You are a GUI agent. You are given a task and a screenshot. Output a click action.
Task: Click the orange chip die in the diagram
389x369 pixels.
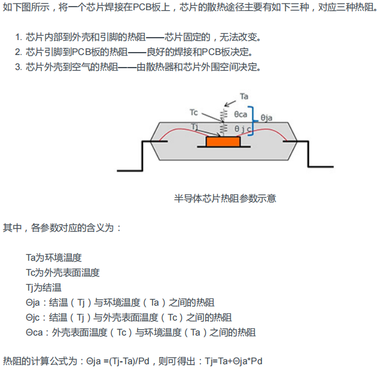tap(223, 141)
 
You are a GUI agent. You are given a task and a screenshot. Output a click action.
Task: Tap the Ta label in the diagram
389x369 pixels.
tap(244, 96)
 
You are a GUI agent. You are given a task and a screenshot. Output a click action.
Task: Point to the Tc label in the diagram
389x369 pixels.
tap(193, 112)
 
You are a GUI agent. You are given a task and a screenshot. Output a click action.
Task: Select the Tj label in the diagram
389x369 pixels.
tap(195, 126)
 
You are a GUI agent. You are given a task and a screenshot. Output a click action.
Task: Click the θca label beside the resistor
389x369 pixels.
tap(241, 113)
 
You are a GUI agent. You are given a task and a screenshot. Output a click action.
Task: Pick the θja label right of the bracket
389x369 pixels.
tap(267, 118)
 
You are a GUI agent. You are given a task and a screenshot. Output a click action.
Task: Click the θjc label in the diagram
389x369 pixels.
tap(243, 128)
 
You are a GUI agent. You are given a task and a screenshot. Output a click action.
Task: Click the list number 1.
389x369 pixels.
tap(18, 37)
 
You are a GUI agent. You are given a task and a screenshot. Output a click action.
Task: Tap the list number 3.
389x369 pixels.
tap(18, 66)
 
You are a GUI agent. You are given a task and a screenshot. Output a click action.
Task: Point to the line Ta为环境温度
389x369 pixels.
tap(54, 258)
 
